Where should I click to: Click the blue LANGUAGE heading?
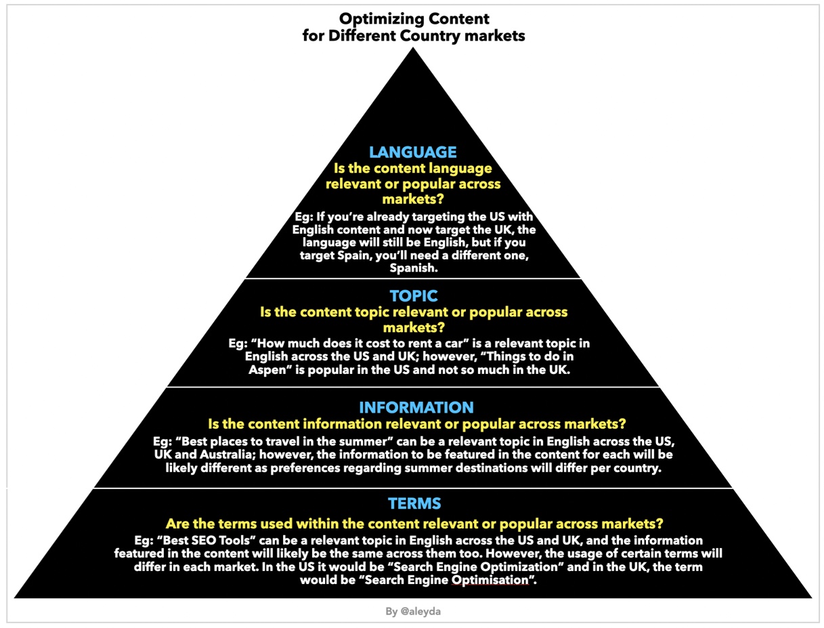click(x=413, y=152)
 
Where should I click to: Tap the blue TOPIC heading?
click(x=414, y=296)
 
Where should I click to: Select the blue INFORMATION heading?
click(x=416, y=407)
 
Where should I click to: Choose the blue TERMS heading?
click(x=414, y=503)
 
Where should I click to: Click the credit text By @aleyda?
click(x=413, y=611)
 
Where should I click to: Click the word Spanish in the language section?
click(x=414, y=268)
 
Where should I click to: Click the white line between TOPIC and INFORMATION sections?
click(x=413, y=388)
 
